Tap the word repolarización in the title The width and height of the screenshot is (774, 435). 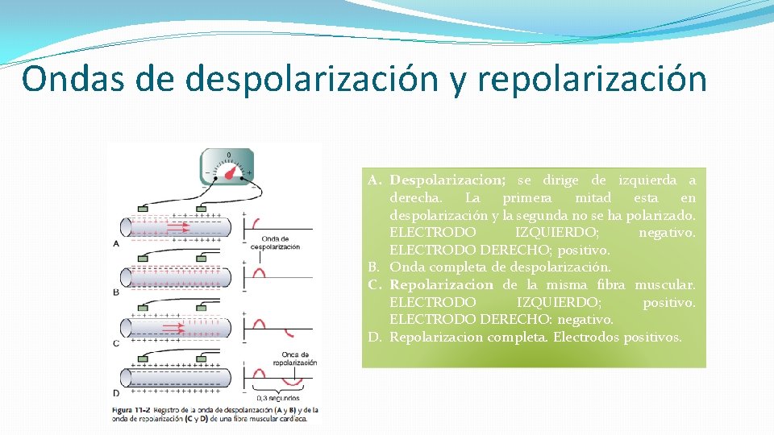(592, 79)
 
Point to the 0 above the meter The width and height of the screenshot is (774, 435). (228, 155)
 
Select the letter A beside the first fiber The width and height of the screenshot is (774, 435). (116, 242)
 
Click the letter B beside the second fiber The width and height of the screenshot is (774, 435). (116, 292)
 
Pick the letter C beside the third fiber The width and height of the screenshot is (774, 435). (116, 343)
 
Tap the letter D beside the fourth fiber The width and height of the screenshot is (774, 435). (116, 393)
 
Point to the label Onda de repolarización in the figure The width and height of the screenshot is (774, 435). (295, 358)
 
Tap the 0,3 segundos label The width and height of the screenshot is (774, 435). (277, 397)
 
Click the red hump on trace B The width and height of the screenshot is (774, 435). (260, 274)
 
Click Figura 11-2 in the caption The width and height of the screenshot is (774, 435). (131, 411)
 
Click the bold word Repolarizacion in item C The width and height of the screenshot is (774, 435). (441, 284)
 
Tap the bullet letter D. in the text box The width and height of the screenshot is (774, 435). (375, 337)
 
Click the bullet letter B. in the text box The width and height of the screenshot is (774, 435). (375, 267)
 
